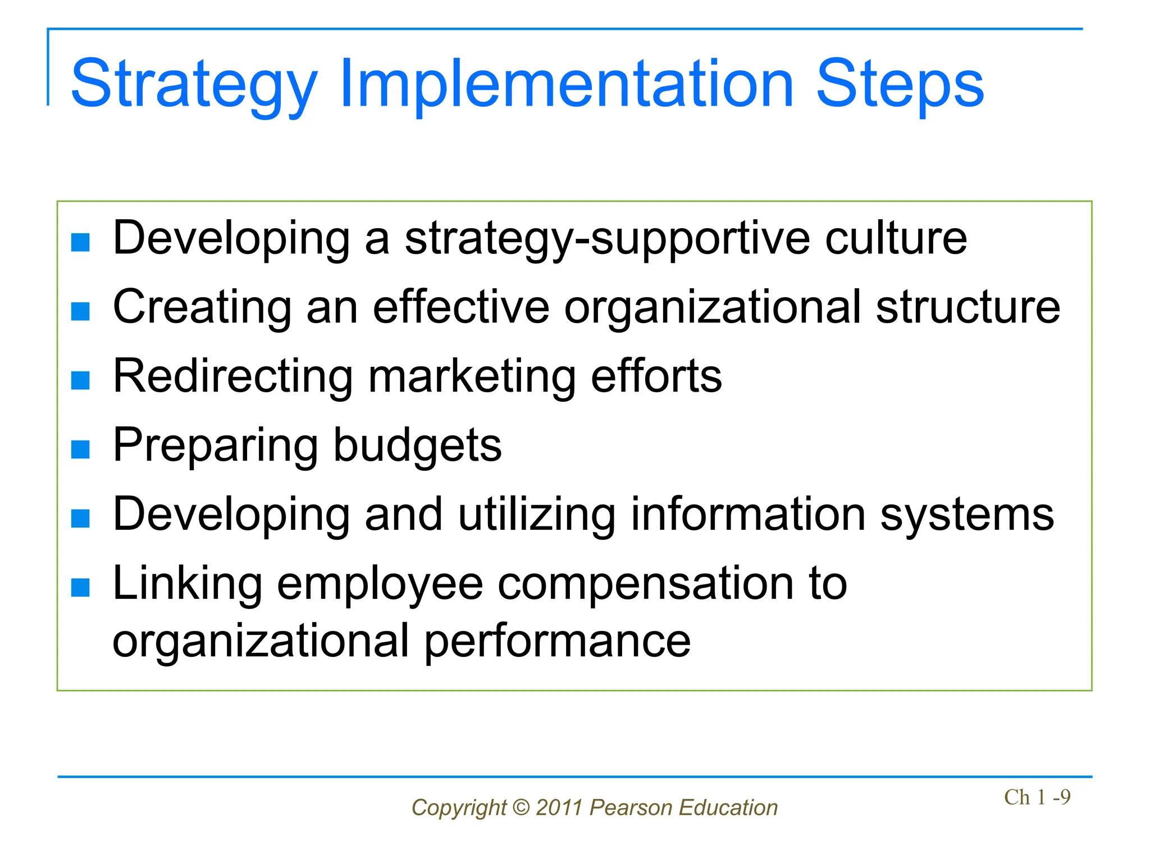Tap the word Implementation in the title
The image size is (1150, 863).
(567, 84)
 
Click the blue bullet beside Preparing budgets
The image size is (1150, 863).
(81, 449)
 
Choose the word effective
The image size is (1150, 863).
(461, 307)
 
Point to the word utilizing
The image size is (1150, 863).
(537, 515)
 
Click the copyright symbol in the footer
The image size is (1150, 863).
(521, 807)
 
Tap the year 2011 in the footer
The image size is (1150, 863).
(559, 807)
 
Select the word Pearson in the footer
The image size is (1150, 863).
(631, 807)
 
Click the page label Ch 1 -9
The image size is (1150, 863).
(1037, 797)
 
